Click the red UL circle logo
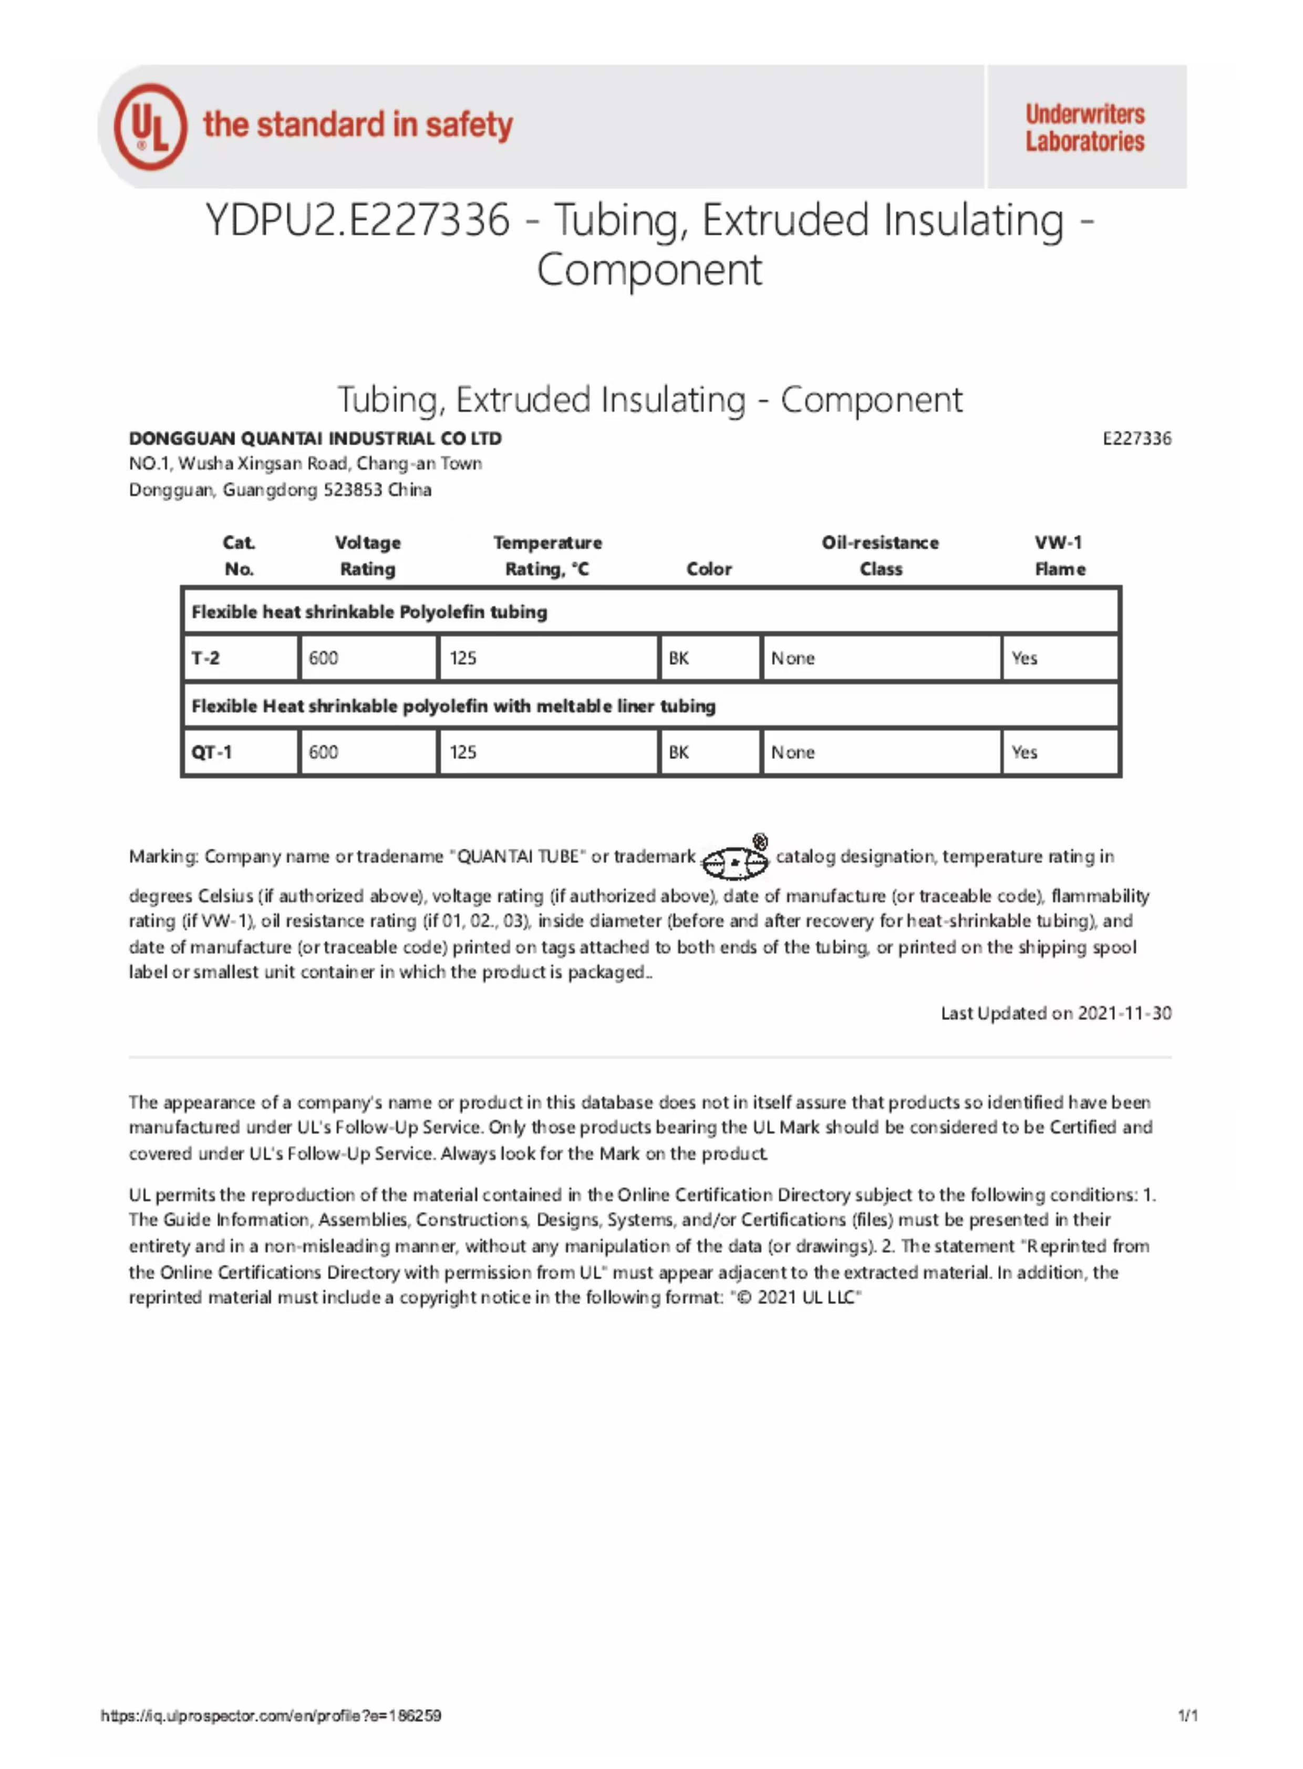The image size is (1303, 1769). [x=150, y=126]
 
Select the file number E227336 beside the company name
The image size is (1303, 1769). [x=1136, y=439]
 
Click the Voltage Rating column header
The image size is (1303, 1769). [x=368, y=556]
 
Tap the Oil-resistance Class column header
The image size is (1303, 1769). [x=880, y=556]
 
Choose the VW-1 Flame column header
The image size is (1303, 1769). [x=1059, y=556]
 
